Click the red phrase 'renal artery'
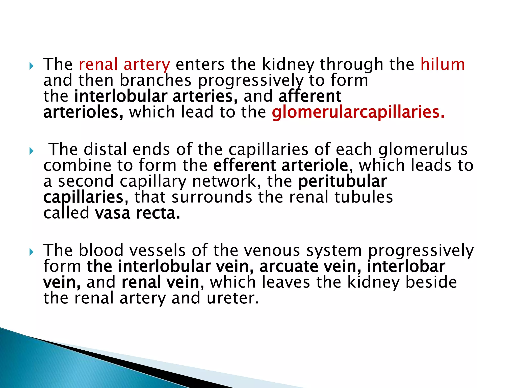click(x=124, y=64)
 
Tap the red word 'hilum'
click(x=442, y=64)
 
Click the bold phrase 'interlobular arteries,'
click(x=156, y=96)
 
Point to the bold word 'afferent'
click(x=310, y=96)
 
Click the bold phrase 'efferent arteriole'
click(x=280, y=165)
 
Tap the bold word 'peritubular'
click(x=342, y=181)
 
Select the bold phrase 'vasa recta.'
click(x=137, y=213)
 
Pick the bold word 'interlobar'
click(x=406, y=266)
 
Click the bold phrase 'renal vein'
click(x=160, y=282)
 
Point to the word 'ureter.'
click(x=233, y=298)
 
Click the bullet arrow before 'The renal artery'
click(x=31, y=66)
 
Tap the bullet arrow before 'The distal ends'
click(x=31, y=151)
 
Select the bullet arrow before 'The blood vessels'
click(x=31, y=252)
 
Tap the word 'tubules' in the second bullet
click(x=364, y=197)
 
